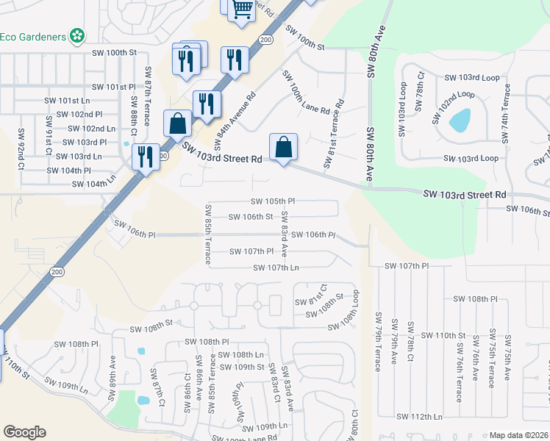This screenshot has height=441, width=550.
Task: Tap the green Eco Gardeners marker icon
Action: (x=76, y=35)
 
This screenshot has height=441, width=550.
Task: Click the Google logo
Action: (x=24, y=432)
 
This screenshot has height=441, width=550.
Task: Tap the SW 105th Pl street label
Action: (x=272, y=201)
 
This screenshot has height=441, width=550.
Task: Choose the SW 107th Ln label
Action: (x=276, y=268)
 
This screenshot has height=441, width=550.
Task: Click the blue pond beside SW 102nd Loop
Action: (x=460, y=120)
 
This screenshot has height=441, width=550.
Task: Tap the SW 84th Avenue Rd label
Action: (x=234, y=118)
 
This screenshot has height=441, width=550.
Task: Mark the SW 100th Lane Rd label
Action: (x=304, y=94)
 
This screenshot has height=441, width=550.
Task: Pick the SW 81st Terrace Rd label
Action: (x=333, y=132)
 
